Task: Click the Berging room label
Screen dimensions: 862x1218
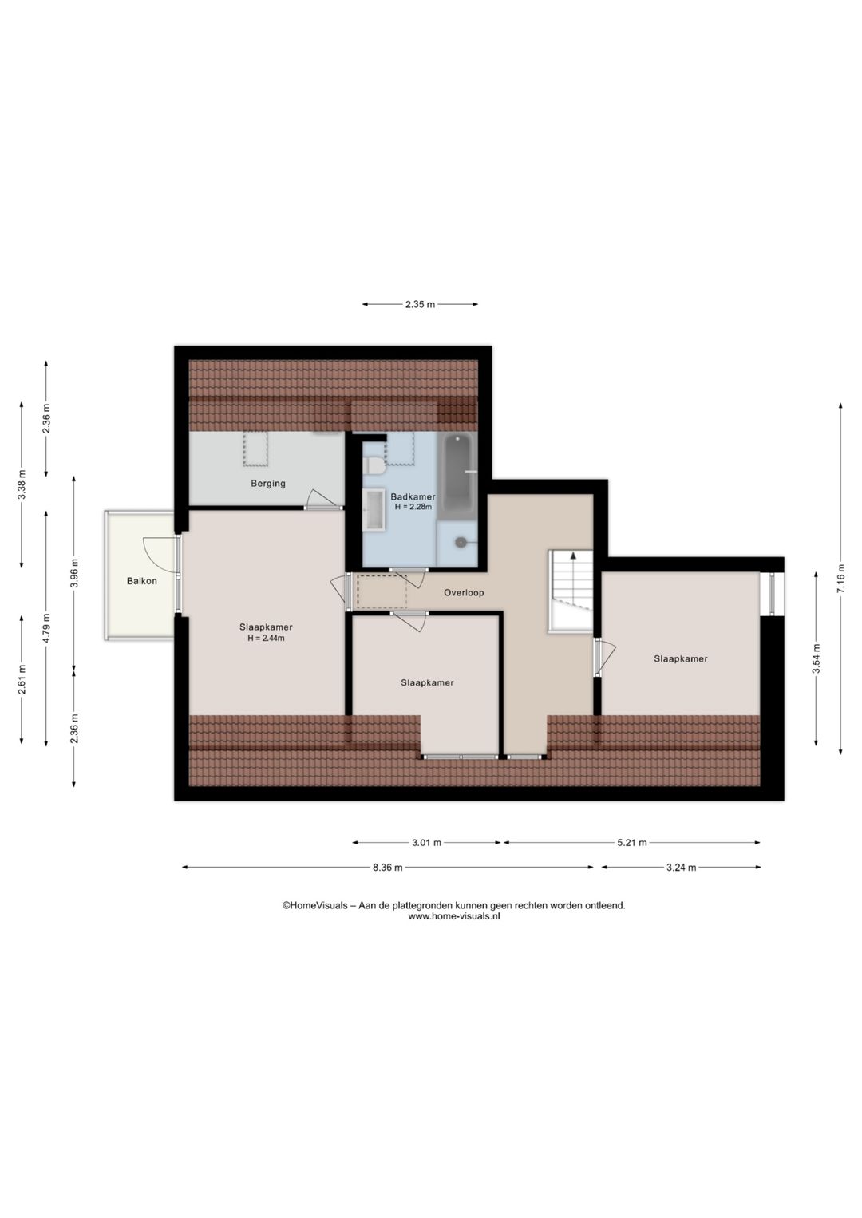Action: (x=267, y=484)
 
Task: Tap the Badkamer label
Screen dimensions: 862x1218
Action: (x=413, y=496)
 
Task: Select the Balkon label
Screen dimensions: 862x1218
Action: (x=142, y=581)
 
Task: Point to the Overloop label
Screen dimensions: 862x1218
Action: (x=464, y=593)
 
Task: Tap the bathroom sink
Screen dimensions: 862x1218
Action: (x=374, y=509)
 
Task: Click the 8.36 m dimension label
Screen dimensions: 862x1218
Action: (x=387, y=868)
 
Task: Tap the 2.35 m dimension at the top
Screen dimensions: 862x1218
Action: (x=420, y=305)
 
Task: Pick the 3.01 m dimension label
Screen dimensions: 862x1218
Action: (x=426, y=843)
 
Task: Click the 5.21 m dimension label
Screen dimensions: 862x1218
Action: (x=631, y=843)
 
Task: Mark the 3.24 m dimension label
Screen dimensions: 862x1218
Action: (x=681, y=868)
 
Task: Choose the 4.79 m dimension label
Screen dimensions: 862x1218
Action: (x=46, y=628)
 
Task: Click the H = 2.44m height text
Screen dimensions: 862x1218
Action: (x=266, y=639)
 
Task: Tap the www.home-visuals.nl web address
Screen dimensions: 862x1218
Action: (x=453, y=916)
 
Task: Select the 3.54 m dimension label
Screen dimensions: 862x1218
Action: (x=816, y=659)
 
